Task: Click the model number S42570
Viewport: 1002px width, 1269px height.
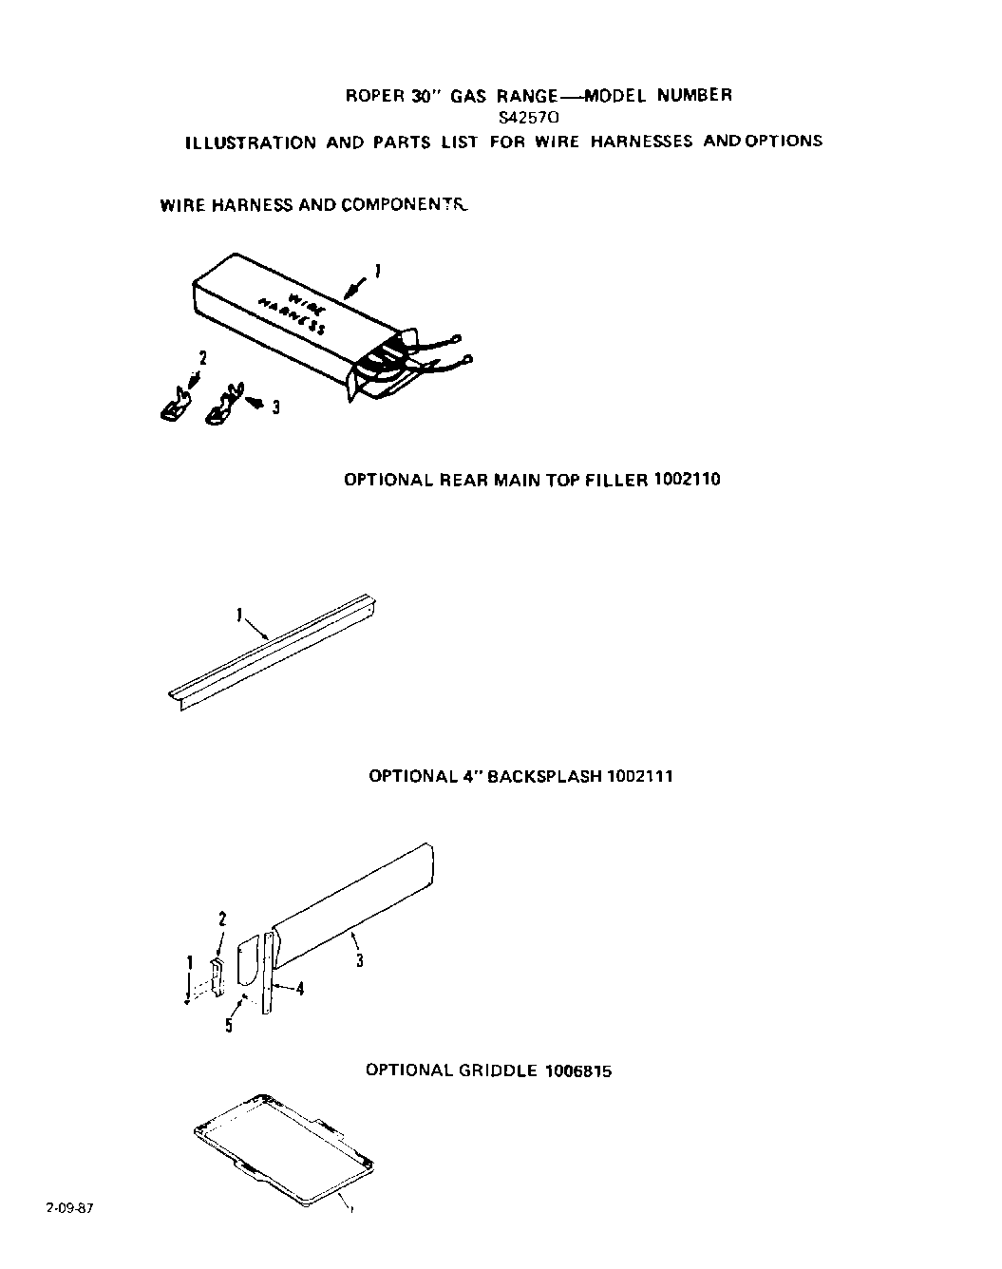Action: [x=529, y=119]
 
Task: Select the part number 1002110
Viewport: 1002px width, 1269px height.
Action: [x=687, y=480]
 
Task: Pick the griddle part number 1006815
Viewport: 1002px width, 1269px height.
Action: [x=578, y=1070]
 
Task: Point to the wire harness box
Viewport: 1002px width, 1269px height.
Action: [x=285, y=313]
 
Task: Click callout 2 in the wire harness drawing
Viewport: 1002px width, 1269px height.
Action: [x=201, y=358]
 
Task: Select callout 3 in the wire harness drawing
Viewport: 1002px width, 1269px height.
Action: [x=275, y=407]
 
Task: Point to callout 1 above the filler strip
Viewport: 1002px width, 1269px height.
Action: [x=237, y=615]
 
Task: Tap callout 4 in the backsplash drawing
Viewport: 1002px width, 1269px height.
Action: [x=300, y=989]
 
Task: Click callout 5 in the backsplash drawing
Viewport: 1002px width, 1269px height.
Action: [x=229, y=1025]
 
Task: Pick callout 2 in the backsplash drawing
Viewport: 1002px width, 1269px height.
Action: [x=222, y=919]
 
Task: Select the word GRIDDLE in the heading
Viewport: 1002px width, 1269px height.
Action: [x=500, y=1070]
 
